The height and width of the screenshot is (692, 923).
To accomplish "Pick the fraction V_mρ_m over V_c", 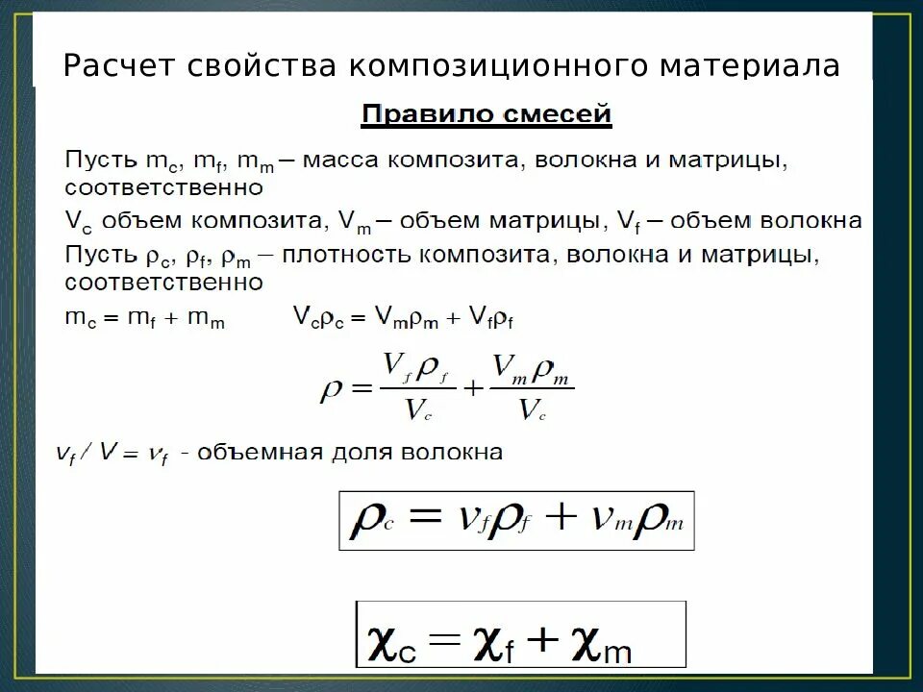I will pyautogui.click(x=532, y=386).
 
